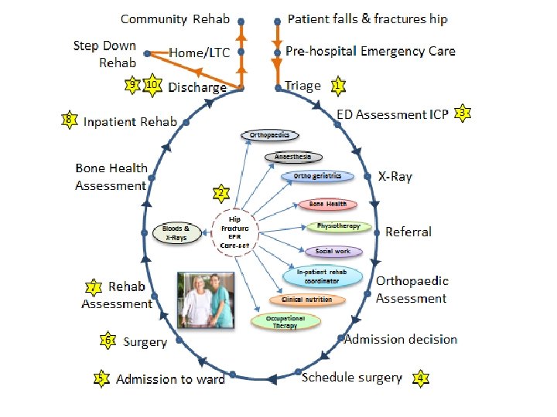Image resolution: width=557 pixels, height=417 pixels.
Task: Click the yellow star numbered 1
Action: (x=338, y=85)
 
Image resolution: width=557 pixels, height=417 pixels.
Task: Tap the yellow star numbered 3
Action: (x=462, y=114)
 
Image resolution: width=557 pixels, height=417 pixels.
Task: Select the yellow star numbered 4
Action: (x=420, y=378)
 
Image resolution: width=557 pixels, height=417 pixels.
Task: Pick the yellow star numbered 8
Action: (x=70, y=120)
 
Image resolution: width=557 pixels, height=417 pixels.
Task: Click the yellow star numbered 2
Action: (x=222, y=192)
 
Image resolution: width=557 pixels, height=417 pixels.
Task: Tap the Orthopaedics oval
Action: (x=269, y=136)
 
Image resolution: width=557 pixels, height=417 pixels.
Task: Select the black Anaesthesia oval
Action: (x=292, y=157)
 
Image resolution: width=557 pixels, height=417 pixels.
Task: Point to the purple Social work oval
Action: (x=333, y=251)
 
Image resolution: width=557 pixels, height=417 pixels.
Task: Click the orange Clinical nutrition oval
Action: (x=302, y=300)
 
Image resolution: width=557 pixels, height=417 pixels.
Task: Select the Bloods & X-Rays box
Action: (x=179, y=232)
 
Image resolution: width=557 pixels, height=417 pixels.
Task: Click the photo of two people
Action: (x=205, y=300)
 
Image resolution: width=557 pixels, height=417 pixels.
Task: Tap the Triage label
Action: (x=302, y=85)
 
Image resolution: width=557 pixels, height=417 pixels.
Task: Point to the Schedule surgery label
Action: (x=352, y=378)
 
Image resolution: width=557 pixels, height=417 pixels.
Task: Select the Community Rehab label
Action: (x=176, y=19)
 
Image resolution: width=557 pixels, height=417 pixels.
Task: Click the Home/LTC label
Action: (x=199, y=52)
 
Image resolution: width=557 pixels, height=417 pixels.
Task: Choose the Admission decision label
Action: (x=401, y=339)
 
